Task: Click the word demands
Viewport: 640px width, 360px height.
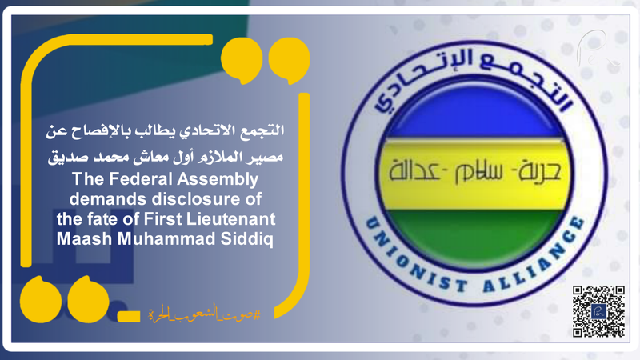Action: point(112,198)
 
